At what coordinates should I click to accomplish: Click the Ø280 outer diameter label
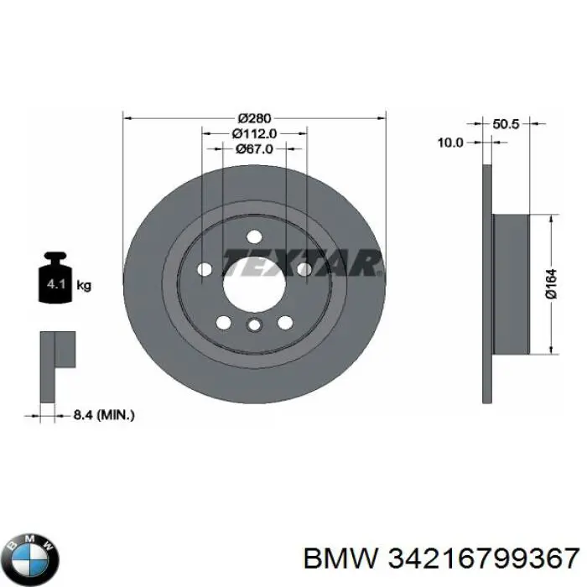point(254,117)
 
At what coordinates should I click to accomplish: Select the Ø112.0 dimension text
point(254,133)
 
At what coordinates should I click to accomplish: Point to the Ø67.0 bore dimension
point(254,149)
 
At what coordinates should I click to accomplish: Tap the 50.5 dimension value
point(506,124)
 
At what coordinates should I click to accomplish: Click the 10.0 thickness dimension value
point(450,143)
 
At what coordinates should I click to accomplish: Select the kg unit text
point(84,286)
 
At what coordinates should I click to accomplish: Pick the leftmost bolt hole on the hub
point(204,268)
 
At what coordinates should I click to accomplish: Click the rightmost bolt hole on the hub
point(304,268)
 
